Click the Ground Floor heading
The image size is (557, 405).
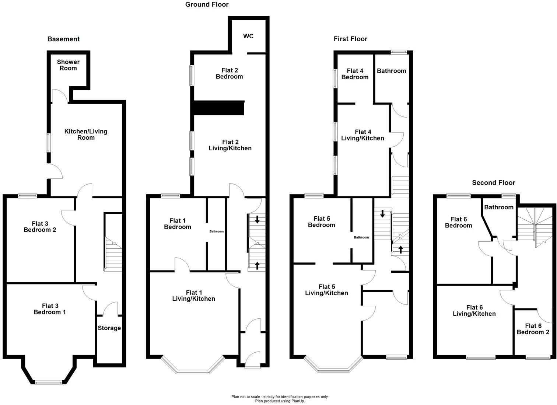click(x=207, y=4)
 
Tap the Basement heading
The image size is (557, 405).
click(x=63, y=39)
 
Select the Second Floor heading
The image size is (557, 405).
click(x=493, y=183)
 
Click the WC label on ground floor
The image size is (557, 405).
click(x=248, y=36)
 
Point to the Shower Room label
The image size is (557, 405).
click(x=68, y=65)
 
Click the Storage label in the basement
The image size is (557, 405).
click(x=109, y=328)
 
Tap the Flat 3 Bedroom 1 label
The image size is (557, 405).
click(x=50, y=309)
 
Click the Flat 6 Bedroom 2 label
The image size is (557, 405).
click(x=533, y=329)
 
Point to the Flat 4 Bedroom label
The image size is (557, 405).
click(x=355, y=74)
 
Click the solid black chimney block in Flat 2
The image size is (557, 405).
click(x=219, y=108)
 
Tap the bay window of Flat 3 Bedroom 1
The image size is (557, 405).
click(x=49, y=382)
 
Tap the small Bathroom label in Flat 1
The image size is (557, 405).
click(x=216, y=231)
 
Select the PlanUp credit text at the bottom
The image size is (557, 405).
click(x=280, y=401)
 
